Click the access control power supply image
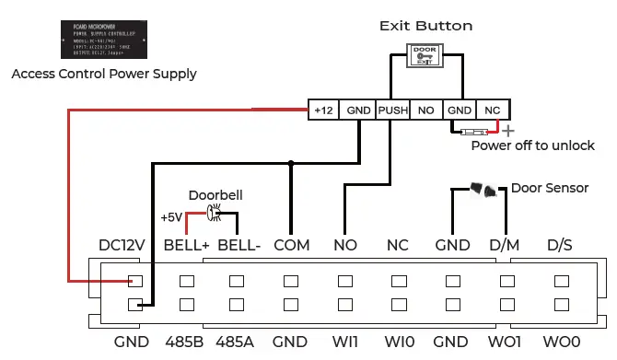point(104,40)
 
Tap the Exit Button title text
point(425,26)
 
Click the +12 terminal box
point(323,110)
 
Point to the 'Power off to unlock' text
point(532,145)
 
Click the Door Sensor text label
point(550,188)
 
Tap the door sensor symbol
point(483,190)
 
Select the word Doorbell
point(215,196)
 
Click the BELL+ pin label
point(187,247)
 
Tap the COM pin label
point(291,247)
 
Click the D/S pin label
point(561,247)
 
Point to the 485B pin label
point(183,342)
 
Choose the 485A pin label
point(236,342)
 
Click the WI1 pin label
point(345,342)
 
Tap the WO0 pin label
point(561,342)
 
